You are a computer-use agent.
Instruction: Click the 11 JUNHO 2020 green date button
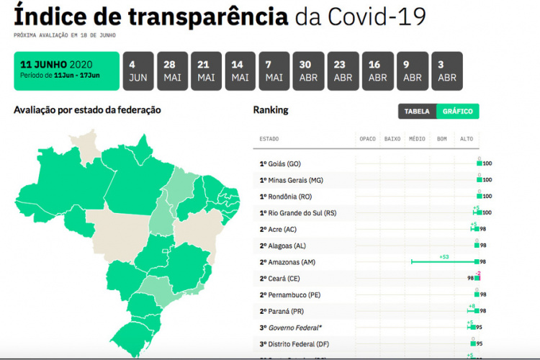tap(66, 71)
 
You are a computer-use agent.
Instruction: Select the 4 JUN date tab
tap(138, 71)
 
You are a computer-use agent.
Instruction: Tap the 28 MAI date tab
tap(172, 71)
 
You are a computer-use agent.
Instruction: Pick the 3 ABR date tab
tap(447, 71)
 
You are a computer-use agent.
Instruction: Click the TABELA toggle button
tap(417, 112)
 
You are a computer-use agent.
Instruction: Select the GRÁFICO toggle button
tap(457, 112)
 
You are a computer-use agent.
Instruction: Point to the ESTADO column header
tap(269, 138)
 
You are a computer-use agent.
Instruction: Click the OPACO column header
tap(368, 138)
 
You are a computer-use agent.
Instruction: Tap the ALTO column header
tap(467, 138)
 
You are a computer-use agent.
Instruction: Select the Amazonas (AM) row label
tap(292, 262)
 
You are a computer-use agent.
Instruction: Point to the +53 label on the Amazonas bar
tap(444, 256)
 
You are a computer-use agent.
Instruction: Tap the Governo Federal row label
tap(292, 328)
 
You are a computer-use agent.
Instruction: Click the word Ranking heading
tap(271, 110)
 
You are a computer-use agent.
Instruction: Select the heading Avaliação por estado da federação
tap(87, 110)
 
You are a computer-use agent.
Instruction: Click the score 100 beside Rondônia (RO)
tap(487, 197)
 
